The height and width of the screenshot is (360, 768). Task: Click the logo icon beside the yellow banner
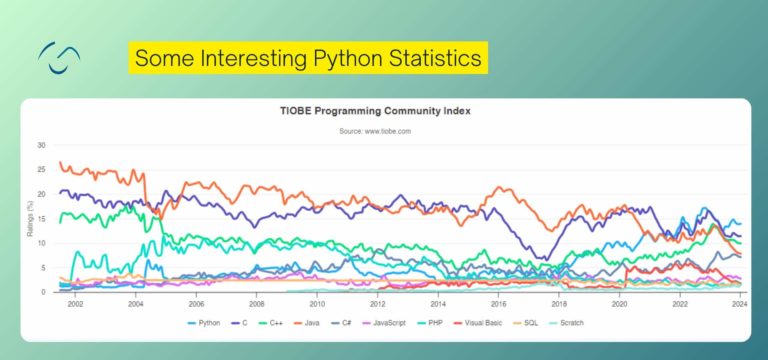pyautogui.click(x=59, y=57)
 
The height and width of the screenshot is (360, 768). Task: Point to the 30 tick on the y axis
pyautogui.click(x=41, y=145)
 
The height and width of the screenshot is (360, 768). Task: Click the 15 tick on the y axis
pyautogui.click(x=41, y=219)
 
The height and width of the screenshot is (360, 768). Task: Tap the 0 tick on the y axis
pyautogui.click(x=43, y=292)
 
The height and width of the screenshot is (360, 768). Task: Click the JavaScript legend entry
pyautogui.click(x=402, y=322)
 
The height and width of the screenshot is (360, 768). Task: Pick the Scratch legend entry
pyautogui.click(x=570, y=322)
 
